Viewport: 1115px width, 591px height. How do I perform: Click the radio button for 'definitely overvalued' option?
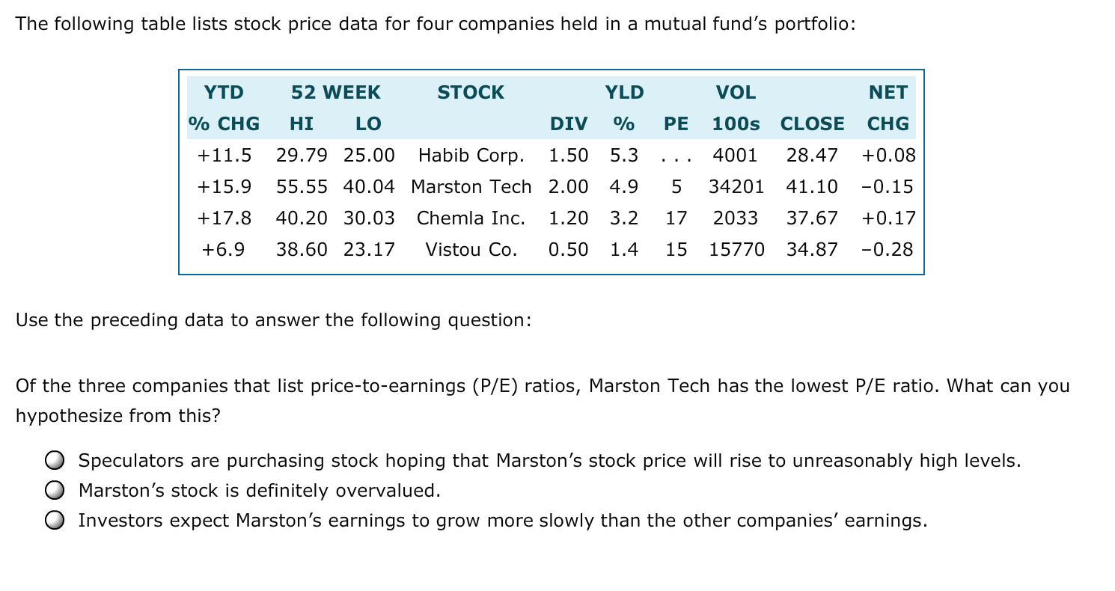[53, 491]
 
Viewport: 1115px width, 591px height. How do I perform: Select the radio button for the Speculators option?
[53, 461]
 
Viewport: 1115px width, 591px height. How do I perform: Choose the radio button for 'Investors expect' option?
[53, 521]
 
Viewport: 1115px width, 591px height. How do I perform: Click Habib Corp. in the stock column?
[471, 156]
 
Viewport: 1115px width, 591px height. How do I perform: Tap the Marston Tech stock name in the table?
[471, 187]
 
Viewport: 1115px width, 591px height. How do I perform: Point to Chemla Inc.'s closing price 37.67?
[812, 218]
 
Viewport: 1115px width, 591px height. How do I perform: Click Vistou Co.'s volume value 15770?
[736, 250]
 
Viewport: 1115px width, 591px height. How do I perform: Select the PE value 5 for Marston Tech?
[676, 187]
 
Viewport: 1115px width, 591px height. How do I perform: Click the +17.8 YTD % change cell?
[224, 218]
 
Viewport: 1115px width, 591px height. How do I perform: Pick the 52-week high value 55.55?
[302, 187]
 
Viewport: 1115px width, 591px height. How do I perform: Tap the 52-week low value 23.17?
[369, 250]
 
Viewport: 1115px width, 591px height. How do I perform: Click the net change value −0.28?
[888, 250]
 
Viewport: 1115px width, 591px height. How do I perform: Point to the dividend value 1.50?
[568, 156]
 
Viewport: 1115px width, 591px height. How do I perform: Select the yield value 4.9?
[624, 187]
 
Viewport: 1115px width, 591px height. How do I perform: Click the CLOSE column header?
[812, 124]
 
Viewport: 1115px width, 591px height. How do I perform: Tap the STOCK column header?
[471, 93]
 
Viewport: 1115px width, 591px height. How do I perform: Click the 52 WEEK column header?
[335, 93]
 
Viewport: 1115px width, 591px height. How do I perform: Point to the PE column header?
[676, 124]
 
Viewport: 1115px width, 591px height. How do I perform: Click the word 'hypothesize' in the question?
[65, 416]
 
